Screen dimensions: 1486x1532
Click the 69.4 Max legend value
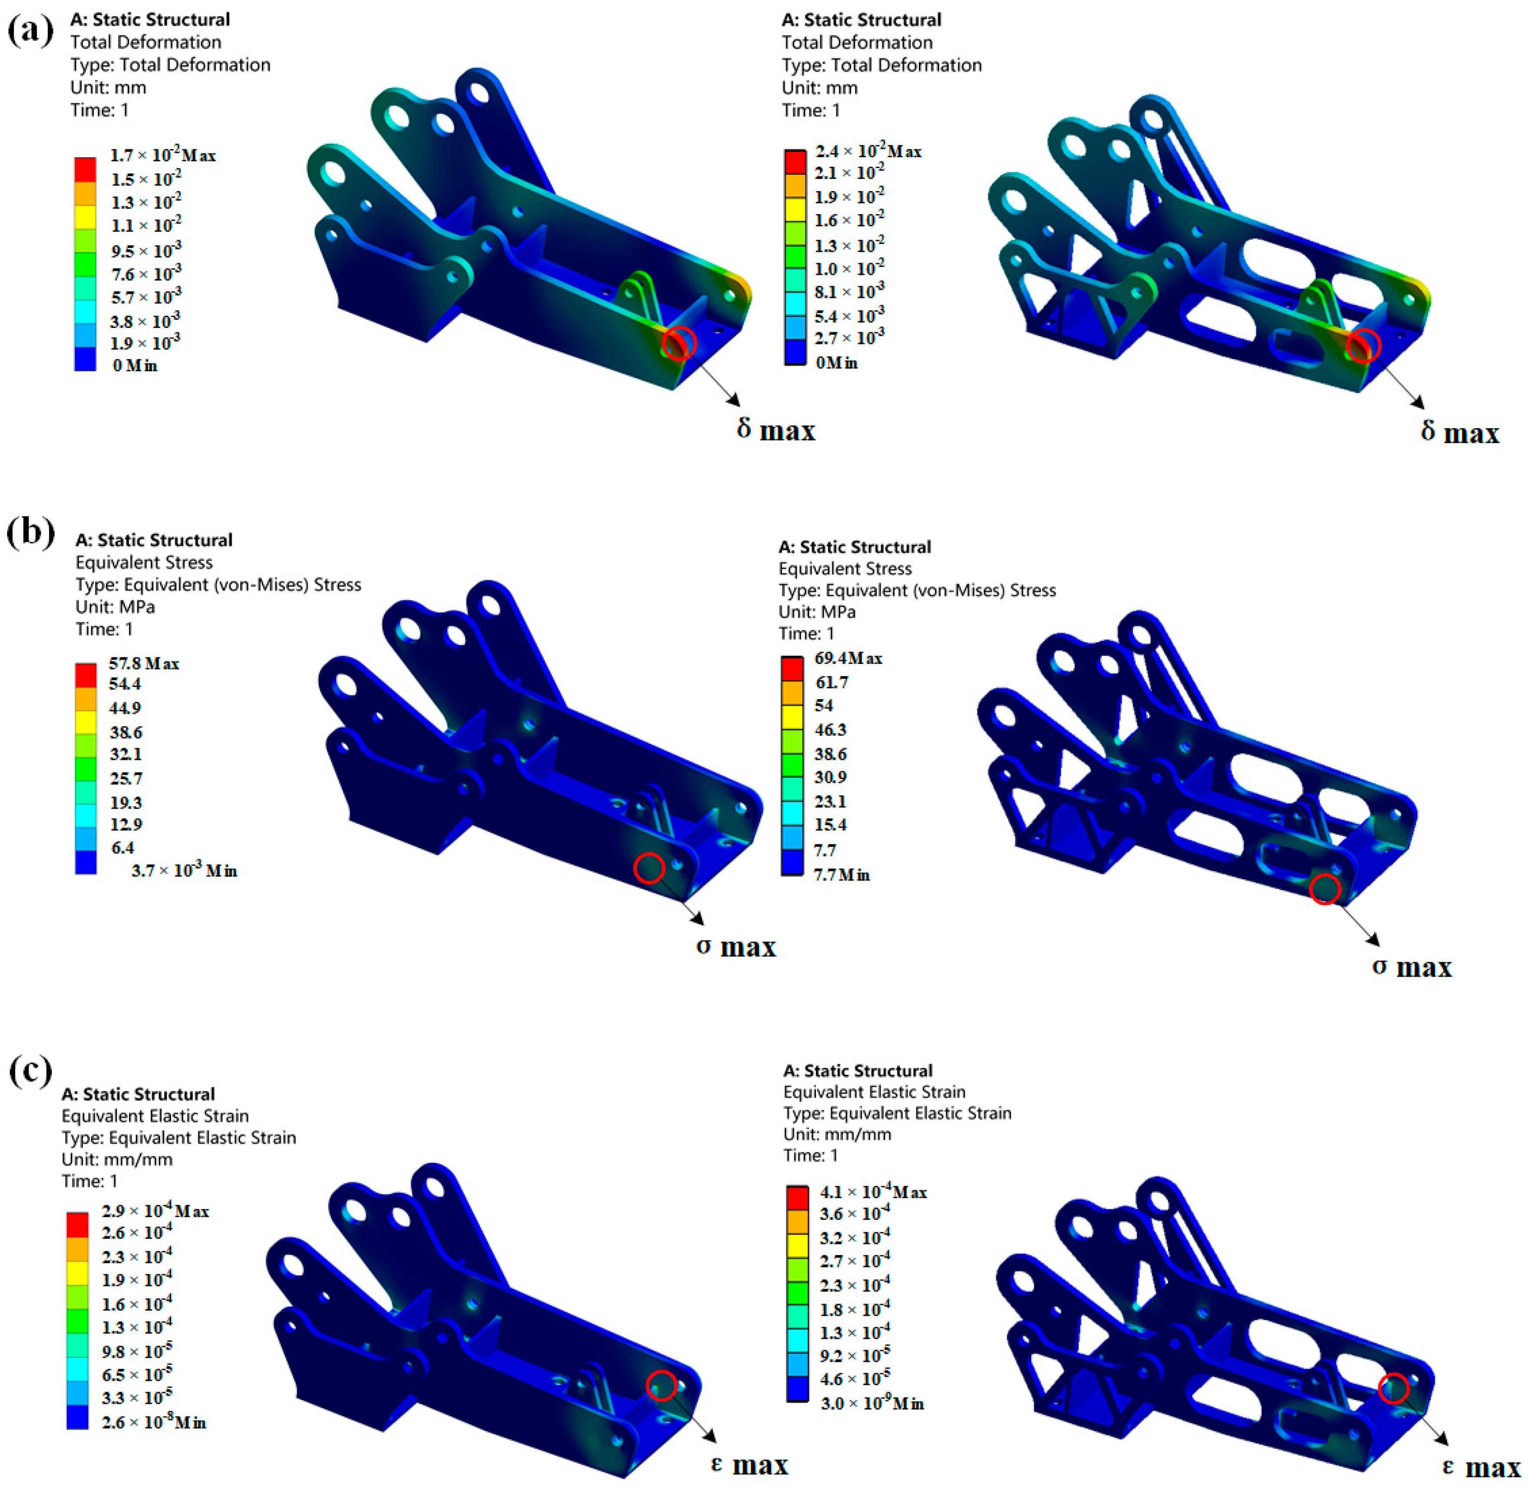(848, 658)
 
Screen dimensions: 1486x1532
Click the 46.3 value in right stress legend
(830, 729)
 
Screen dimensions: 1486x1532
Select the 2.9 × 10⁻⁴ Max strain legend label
(155, 1211)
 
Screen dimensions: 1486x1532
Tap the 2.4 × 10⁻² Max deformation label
(868, 151)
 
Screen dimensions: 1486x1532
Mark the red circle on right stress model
(1324, 889)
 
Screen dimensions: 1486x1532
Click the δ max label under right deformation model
(1459, 432)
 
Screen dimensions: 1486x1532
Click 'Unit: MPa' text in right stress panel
(817, 611)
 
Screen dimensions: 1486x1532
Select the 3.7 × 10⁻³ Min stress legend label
(184, 870)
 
